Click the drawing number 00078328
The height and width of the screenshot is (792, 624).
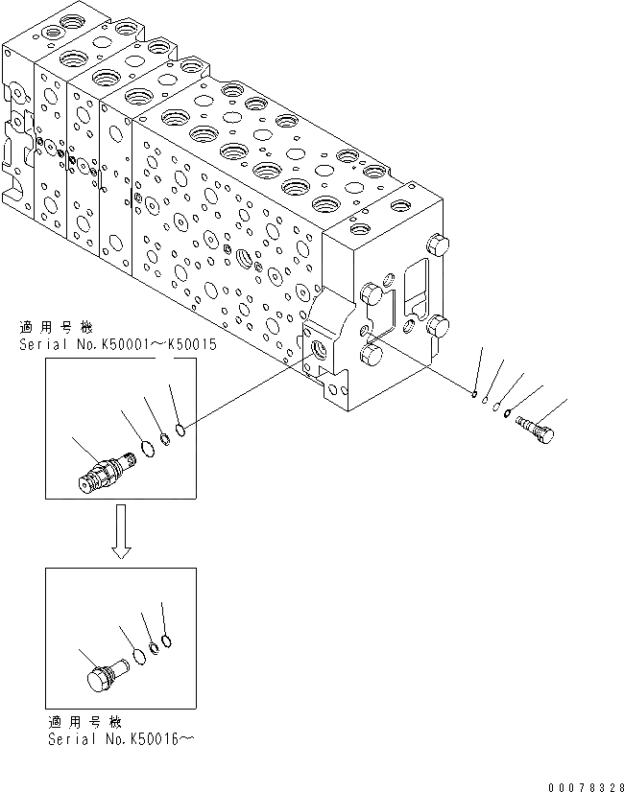[x=581, y=785]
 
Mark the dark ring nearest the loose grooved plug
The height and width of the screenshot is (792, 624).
[x=508, y=415]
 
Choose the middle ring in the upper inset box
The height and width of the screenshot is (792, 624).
[x=165, y=438]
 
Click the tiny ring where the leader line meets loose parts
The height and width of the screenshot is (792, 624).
[x=475, y=391]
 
